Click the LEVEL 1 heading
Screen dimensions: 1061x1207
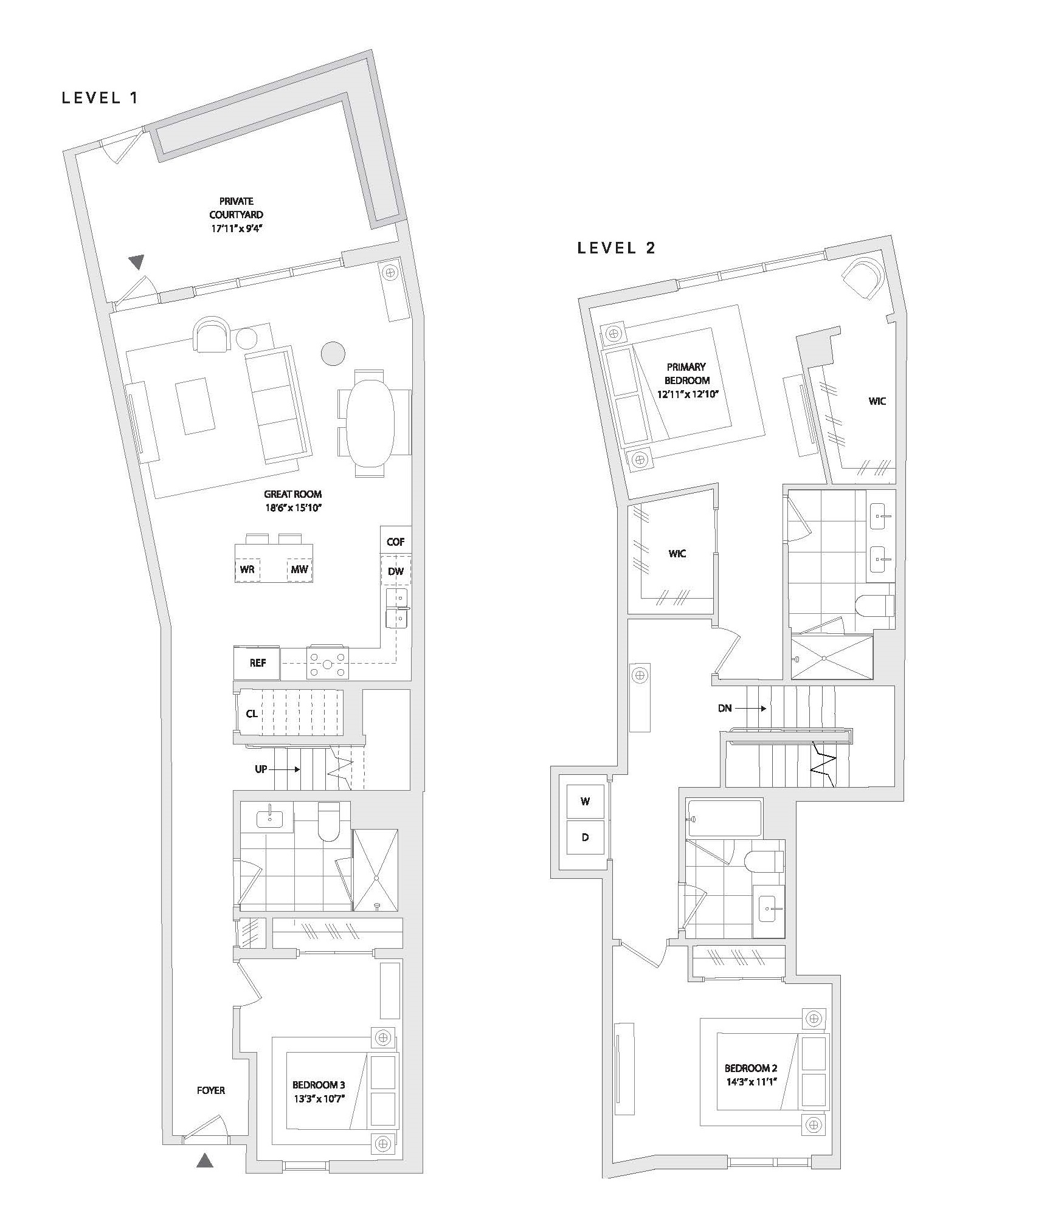tap(101, 98)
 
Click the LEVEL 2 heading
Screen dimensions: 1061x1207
tap(617, 248)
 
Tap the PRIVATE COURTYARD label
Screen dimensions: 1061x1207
tap(237, 208)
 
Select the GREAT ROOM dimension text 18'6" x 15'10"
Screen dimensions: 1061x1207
tap(292, 508)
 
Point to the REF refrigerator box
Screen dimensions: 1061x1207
tap(257, 663)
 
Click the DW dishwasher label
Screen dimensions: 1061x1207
tap(395, 571)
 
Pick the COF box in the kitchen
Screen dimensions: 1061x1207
tap(396, 541)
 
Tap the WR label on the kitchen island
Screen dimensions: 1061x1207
tap(247, 569)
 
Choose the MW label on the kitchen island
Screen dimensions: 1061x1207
tap(300, 569)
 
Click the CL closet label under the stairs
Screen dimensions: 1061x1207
tap(252, 714)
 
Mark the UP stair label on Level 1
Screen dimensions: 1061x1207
tap(261, 769)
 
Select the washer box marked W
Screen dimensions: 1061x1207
tap(585, 802)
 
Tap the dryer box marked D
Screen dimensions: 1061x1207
tap(585, 837)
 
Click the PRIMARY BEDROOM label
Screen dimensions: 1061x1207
tap(686, 374)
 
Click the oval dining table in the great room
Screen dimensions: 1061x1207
tap(370, 423)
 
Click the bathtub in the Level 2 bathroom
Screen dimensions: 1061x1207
tap(724, 819)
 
